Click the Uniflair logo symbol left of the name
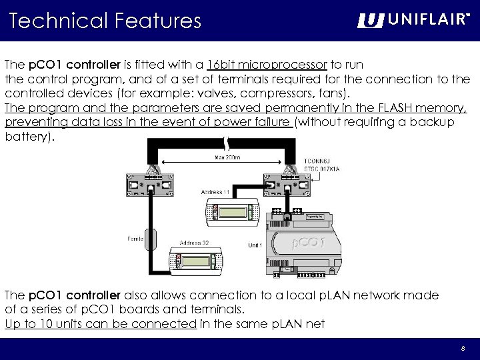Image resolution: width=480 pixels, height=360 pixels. (370, 21)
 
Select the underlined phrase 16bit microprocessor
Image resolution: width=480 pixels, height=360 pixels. (267, 65)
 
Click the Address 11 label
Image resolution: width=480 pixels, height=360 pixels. (215, 192)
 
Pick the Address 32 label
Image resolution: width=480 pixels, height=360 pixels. (195, 243)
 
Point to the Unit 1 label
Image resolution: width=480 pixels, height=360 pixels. (255, 245)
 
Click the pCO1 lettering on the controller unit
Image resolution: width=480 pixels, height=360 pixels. (309, 243)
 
